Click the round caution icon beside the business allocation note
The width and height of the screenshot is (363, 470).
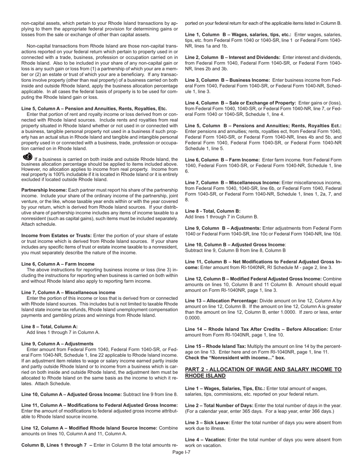point(28,157)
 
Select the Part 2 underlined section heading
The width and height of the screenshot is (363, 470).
point(263,373)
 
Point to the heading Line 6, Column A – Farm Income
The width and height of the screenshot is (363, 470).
point(58,264)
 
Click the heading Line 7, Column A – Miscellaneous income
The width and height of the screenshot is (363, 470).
point(68,292)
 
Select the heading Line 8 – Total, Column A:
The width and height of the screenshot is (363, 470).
point(50,327)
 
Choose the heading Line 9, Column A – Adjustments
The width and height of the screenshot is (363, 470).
point(57,344)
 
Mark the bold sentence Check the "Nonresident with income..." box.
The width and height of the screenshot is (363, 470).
point(235,358)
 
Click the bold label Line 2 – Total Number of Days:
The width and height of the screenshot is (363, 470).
point(219,405)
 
